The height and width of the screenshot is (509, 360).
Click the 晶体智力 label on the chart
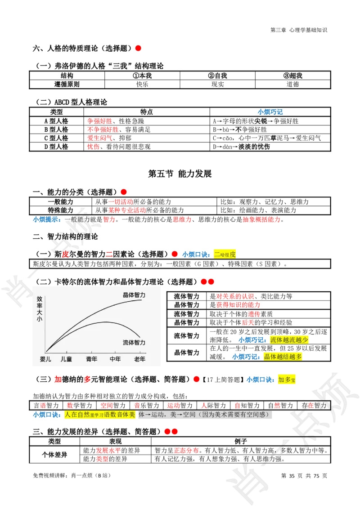pos(134,295)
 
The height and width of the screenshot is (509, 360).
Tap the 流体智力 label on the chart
pos(134,343)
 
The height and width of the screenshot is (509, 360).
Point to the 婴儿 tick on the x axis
pos(45,359)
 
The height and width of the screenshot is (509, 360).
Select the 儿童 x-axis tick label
pos(66,359)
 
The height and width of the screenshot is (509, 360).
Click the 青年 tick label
pos(91,359)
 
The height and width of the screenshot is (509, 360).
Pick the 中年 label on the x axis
pos(115,359)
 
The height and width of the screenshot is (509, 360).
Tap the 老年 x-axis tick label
pos(139,359)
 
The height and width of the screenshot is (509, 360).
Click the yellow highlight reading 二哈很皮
pos(225,254)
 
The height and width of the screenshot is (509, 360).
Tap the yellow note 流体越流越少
pos(289,340)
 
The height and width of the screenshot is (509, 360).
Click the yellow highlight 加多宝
pos(287,380)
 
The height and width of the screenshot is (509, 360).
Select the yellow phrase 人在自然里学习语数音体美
pos(99,415)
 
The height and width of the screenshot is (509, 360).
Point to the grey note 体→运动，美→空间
pos(205,415)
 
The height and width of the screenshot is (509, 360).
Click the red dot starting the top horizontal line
pos(138,48)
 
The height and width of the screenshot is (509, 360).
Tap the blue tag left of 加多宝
pos(260,380)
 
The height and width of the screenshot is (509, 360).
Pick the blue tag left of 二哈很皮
pos(196,254)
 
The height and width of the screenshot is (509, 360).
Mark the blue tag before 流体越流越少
pos(252,340)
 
